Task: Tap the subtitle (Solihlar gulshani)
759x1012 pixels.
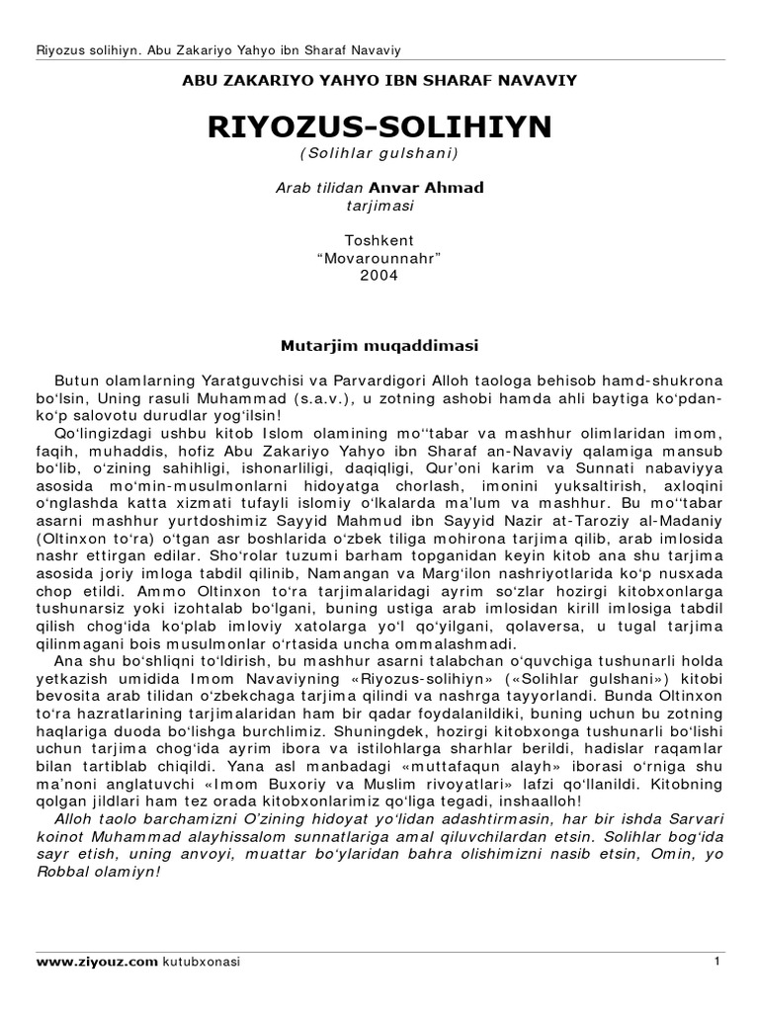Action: click(379, 154)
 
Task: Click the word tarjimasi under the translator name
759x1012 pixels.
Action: click(379, 207)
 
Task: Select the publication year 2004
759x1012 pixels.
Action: click(379, 276)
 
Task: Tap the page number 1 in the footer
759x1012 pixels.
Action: click(714, 961)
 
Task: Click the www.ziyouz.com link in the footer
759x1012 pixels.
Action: click(97, 961)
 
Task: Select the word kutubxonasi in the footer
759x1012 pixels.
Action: click(203, 961)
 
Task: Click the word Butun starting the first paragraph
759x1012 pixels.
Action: click(74, 379)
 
